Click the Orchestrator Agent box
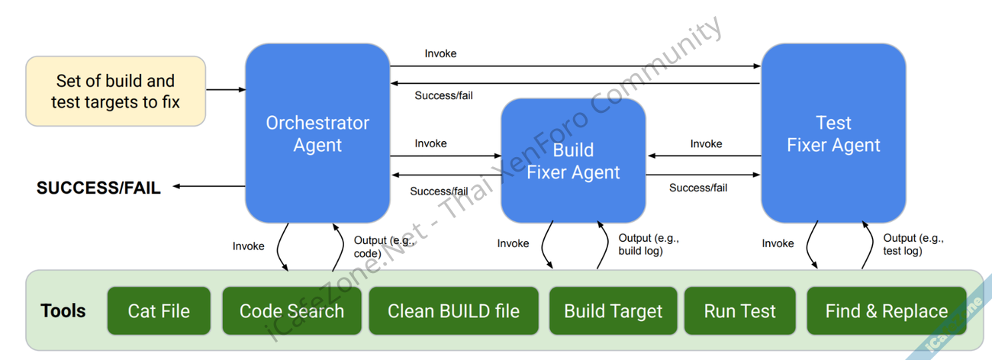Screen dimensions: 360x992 click(317, 133)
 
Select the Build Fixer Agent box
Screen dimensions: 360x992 click(573, 160)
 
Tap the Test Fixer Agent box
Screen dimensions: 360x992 click(833, 133)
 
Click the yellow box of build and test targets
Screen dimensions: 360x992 click(116, 91)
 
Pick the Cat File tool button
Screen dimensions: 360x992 click(159, 310)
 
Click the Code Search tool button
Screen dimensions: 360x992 click(291, 310)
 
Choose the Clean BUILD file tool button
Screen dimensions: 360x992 click(453, 310)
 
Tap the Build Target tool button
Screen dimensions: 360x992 click(613, 310)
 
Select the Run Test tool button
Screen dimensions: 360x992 click(739, 310)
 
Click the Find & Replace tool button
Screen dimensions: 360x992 click(886, 310)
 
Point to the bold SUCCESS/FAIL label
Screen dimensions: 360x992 click(98, 188)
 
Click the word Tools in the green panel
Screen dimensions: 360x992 click(63, 310)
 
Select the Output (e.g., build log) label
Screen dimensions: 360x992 click(648, 244)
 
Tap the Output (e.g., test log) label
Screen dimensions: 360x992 click(913, 244)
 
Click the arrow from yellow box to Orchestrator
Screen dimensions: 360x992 click(225, 90)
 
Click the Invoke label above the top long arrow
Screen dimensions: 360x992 click(440, 53)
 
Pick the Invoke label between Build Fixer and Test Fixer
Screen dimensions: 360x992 click(706, 143)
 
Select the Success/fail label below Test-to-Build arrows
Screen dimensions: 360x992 click(697, 188)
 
